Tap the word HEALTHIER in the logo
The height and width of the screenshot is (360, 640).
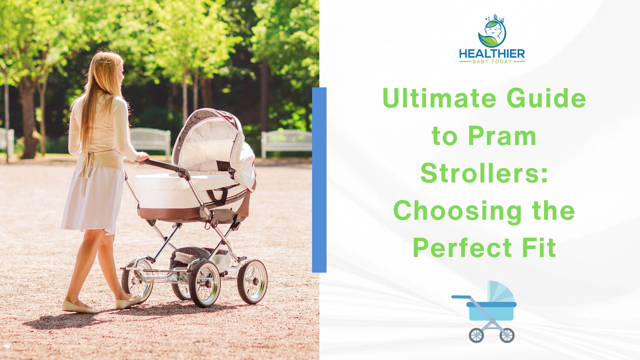point(492,54)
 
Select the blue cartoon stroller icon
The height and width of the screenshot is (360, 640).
point(484,312)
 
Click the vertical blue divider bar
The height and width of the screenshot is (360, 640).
point(319,180)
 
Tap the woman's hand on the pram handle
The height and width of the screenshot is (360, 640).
point(142,157)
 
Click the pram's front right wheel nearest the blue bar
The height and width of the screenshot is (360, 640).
point(252,281)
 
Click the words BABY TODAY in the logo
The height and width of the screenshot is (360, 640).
point(492,62)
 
